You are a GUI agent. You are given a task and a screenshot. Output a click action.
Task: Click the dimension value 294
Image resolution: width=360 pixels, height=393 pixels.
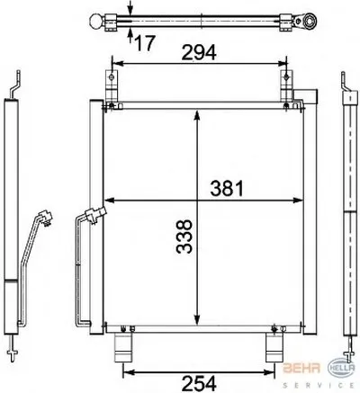[x=199, y=52]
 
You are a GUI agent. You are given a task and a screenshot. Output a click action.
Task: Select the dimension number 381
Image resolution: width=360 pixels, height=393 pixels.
[x=227, y=188]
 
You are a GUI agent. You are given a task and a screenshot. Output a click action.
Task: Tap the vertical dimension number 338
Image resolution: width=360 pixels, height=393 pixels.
[x=184, y=237]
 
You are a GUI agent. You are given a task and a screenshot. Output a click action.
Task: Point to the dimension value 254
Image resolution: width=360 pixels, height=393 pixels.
[x=199, y=383]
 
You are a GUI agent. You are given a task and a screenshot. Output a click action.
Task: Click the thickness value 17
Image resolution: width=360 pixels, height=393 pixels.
[x=145, y=42]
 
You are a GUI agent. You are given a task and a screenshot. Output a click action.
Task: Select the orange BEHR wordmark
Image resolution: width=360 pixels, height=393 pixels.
[x=301, y=368]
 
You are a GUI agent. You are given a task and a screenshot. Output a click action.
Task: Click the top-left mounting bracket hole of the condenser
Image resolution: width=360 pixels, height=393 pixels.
[x=112, y=77]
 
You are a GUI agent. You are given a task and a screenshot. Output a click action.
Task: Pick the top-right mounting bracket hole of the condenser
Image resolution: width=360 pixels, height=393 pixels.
[x=287, y=77]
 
